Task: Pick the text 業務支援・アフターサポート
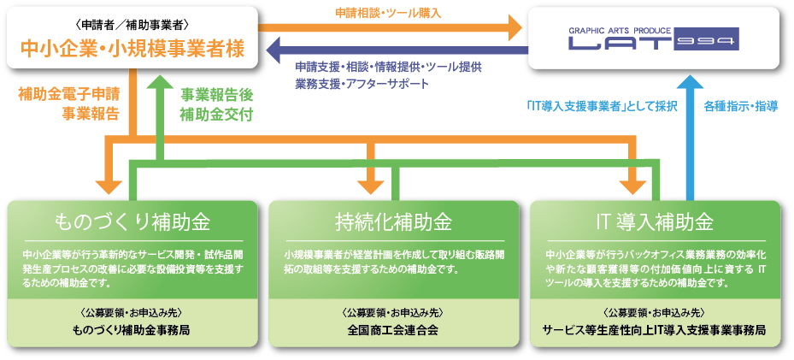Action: coord(362,84)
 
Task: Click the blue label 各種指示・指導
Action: coord(734,107)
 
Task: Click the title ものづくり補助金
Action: coord(132,222)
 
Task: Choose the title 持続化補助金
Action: coord(394,222)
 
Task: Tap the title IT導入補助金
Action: coord(655,222)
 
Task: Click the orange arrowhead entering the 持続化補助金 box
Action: coord(371,186)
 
